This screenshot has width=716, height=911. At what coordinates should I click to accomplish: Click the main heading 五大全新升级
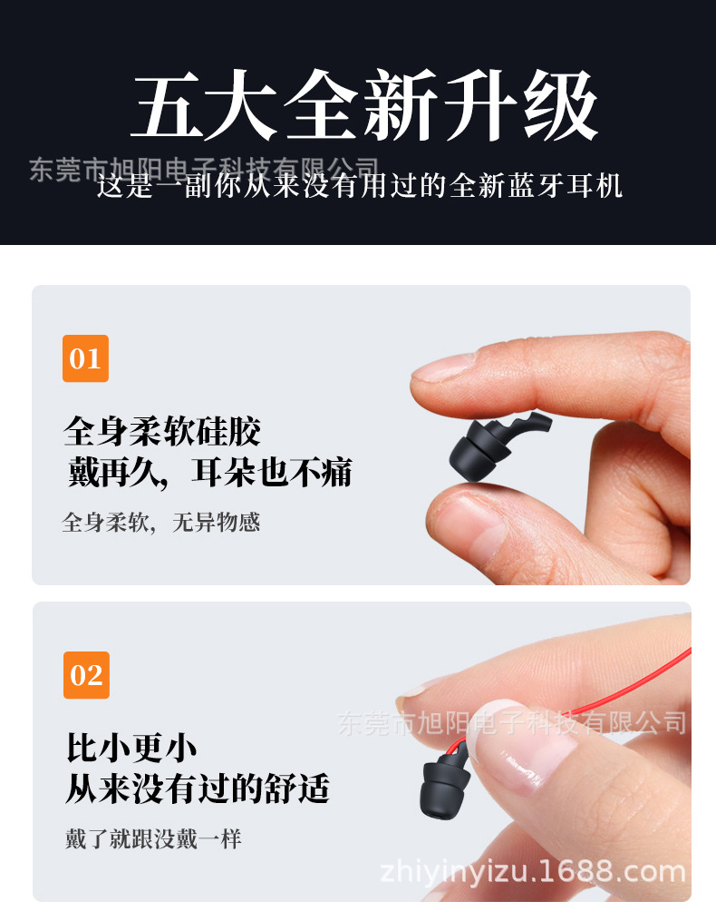tap(364, 106)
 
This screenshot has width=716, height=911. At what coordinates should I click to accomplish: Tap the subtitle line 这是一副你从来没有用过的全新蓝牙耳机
tap(360, 186)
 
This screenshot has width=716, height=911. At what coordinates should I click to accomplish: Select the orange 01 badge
tap(85, 358)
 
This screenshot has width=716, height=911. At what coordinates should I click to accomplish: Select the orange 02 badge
tap(86, 675)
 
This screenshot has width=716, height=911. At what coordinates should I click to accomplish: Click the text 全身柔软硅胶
tap(162, 431)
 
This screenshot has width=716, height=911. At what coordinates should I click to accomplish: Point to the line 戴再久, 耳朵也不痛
tap(209, 472)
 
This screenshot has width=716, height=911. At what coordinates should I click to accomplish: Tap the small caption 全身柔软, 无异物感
tap(161, 523)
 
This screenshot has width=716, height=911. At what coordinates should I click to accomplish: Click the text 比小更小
tap(131, 748)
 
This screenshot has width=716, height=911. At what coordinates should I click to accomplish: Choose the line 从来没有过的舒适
tap(197, 788)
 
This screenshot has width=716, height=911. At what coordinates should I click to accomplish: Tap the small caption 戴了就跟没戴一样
tap(153, 839)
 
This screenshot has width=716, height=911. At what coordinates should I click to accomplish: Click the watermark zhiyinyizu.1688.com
tap(533, 873)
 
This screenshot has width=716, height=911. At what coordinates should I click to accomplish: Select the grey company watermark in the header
tap(204, 169)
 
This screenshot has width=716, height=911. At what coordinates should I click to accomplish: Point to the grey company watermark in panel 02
tap(512, 723)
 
